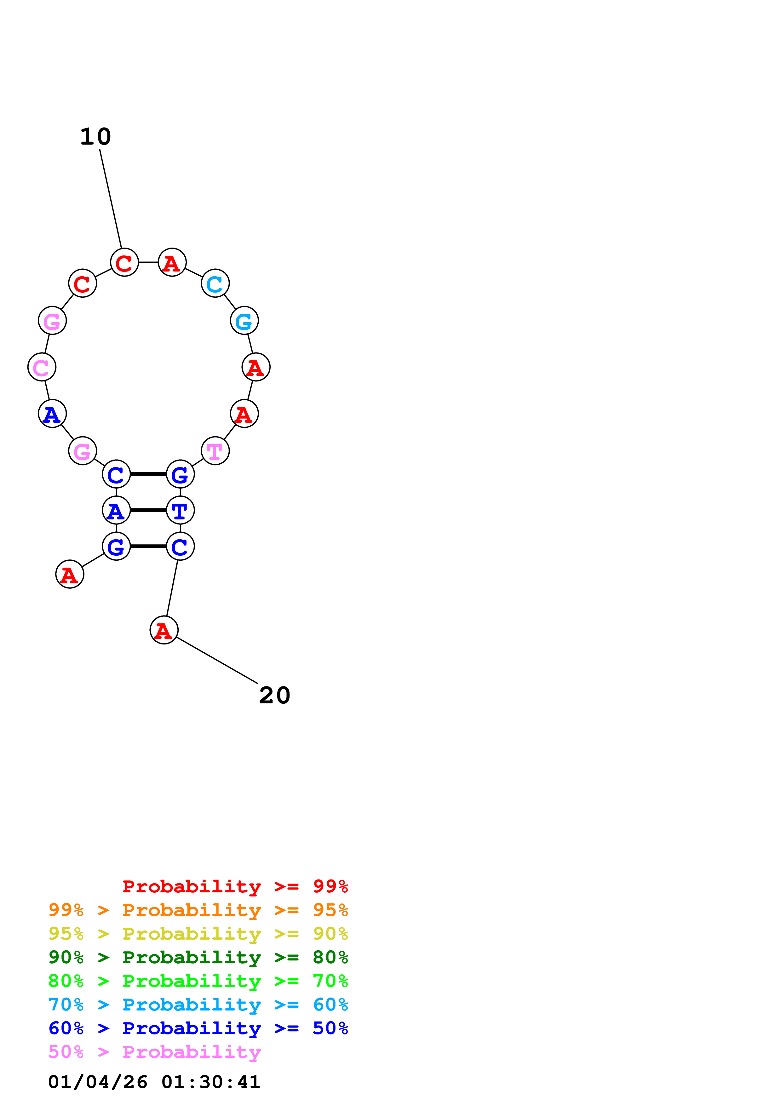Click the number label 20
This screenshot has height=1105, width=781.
tap(274, 696)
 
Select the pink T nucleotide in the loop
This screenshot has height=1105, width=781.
tap(215, 451)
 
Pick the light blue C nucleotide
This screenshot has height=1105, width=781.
tap(215, 283)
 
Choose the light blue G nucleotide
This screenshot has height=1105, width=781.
tap(244, 321)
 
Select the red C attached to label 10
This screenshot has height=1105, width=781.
tap(124, 263)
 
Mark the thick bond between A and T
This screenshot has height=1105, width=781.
tap(148, 510)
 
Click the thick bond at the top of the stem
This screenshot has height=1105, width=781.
tap(148, 474)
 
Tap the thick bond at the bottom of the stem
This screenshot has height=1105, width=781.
tap(148, 546)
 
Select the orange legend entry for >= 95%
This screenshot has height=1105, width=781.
tap(198, 910)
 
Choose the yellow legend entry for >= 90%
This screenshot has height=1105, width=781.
tap(198, 934)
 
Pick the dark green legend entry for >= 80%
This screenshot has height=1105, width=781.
tap(198, 957)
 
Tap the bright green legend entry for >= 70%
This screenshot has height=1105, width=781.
tap(198, 981)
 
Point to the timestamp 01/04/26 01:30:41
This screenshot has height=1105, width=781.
tap(154, 1082)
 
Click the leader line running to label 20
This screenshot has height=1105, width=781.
tap(217, 660)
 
